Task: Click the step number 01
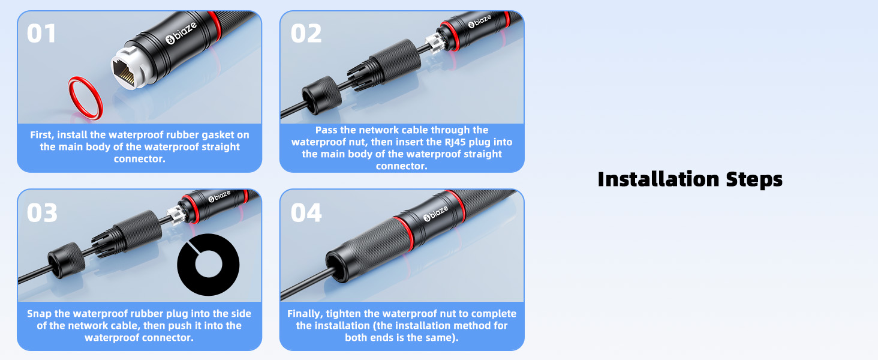tap(41, 34)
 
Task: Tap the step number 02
tap(306, 34)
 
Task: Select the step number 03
tap(42, 212)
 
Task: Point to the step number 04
tap(306, 212)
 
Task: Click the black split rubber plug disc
tap(208, 265)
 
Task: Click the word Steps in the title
tap(754, 179)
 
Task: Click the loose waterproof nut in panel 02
tap(321, 95)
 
